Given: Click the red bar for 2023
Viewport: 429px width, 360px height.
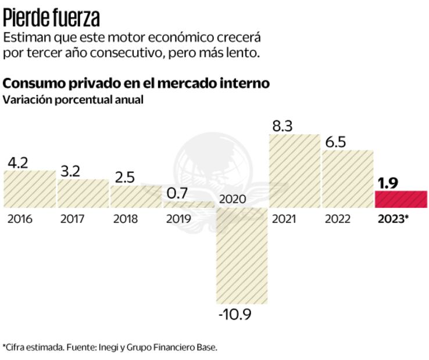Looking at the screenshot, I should coord(402,199).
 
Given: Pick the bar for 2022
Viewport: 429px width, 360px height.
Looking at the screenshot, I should coord(348,178).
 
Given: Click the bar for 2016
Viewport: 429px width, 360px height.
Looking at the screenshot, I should coord(30,189).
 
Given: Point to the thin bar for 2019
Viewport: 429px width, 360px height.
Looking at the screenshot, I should coord(188,204).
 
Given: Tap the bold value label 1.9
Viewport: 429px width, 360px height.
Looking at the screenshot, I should coord(388,183).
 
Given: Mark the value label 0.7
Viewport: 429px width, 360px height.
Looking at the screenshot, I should coord(177,193).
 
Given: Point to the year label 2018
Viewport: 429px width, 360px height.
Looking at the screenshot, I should coord(126,219).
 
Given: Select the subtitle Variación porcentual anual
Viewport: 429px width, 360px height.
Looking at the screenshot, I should coord(73,99).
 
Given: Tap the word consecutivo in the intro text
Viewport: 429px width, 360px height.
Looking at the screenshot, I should coord(151,52).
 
